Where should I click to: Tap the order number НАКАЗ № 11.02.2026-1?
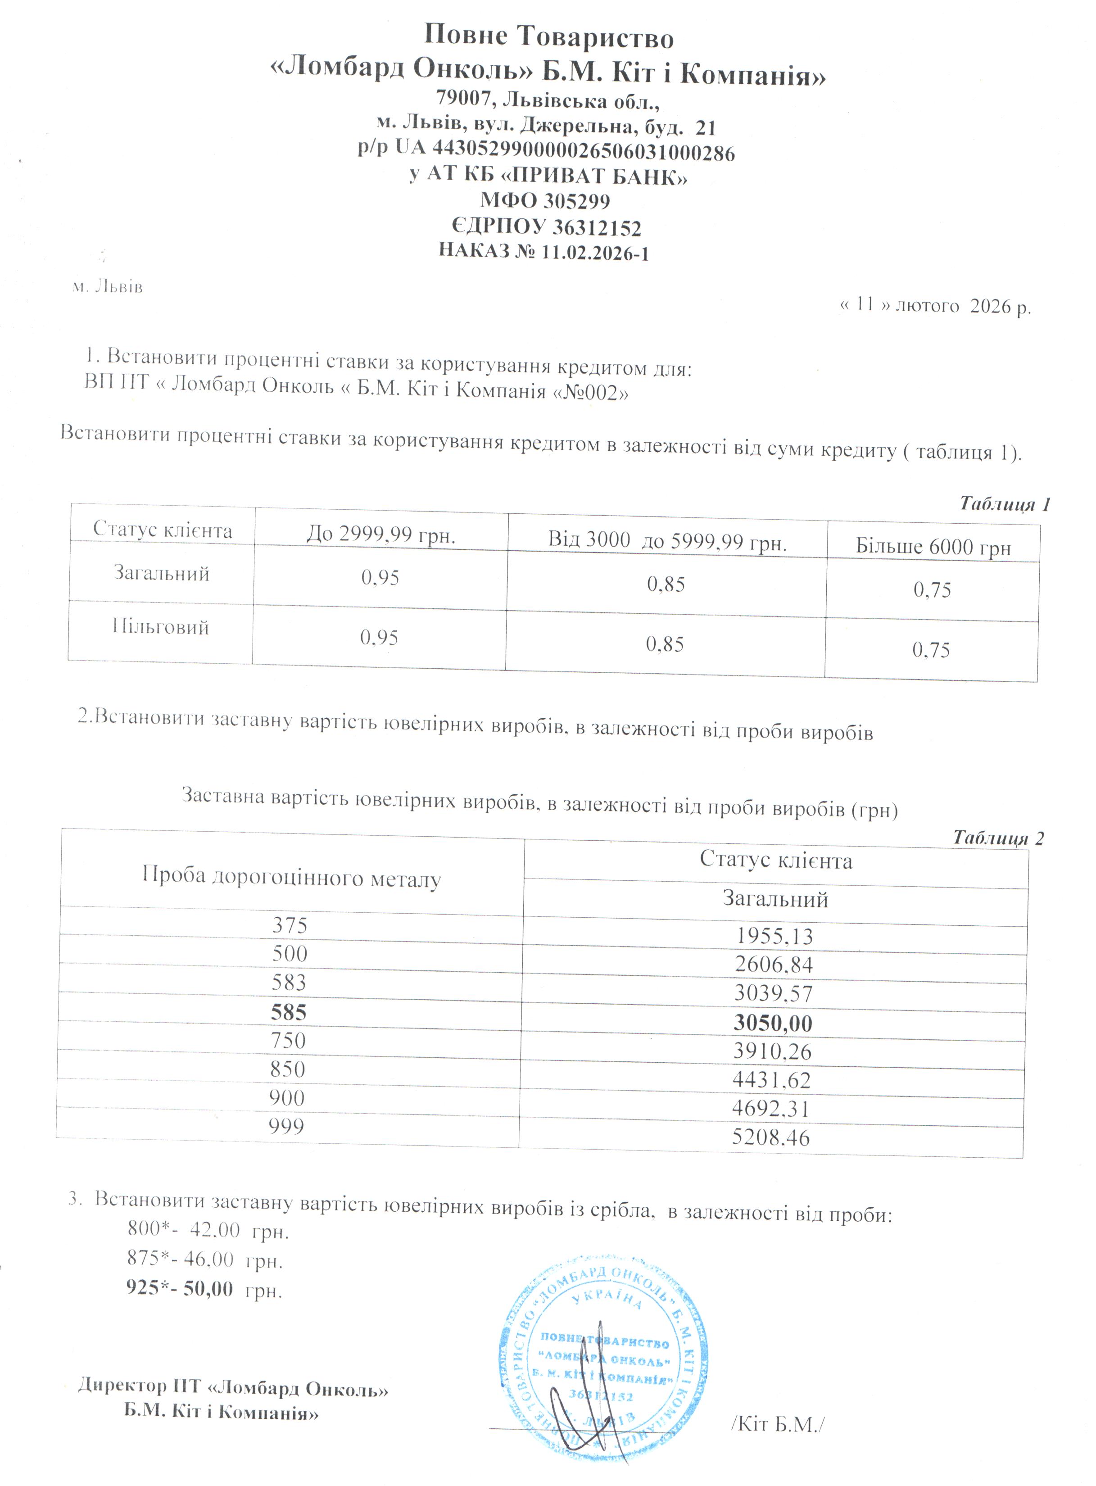[543, 252]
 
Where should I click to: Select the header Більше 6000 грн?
[933, 547]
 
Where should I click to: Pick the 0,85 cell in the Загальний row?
[666, 584]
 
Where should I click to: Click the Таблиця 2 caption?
[998, 838]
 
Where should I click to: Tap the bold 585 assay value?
[289, 1012]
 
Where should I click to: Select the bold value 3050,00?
[772, 1023]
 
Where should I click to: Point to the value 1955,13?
[774, 936]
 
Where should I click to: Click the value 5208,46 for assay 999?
[770, 1138]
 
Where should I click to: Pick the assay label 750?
[288, 1040]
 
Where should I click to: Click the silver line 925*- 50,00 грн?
[204, 1288]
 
